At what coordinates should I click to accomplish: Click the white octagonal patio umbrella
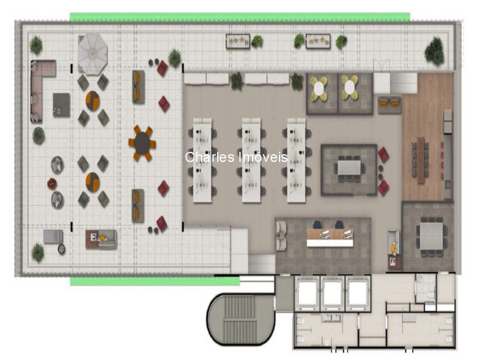[x=92, y=54]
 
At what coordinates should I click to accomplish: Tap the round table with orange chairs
[x=142, y=143]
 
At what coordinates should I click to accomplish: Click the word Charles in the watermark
[x=209, y=157]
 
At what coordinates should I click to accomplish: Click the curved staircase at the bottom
[x=241, y=319]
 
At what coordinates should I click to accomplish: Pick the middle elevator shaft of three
[x=333, y=293]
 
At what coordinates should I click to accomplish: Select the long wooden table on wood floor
[x=421, y=160]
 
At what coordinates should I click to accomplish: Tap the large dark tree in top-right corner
[x=434, y=51]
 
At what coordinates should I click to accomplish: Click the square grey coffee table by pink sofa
[x=62, y=105]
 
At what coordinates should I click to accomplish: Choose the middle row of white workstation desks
[x=251, y=160]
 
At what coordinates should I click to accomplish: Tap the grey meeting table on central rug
[x=349, y=167]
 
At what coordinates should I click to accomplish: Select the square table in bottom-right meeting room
[x=431, y=236]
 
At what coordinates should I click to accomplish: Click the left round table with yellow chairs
[x=319, y=88]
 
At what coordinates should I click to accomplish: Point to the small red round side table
[x=52, y=184]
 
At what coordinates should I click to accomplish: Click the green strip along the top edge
[x=240, y=17]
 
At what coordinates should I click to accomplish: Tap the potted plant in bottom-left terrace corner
[x=38, y=253]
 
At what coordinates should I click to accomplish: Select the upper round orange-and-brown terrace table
[x=92, y=101]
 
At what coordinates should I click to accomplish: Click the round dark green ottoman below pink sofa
[x=39, y=136]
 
